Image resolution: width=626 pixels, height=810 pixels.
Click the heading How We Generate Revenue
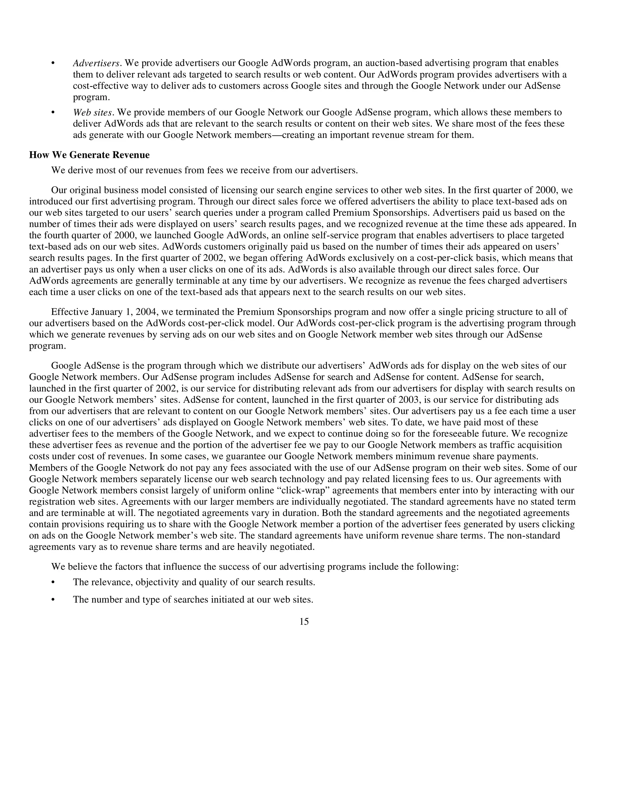click(x=89, y=155)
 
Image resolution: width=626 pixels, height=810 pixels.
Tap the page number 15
click(x=304, y=622)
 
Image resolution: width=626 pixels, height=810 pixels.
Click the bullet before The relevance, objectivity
click(x=53, y=582)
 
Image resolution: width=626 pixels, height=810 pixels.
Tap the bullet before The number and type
click(x=53, y=600)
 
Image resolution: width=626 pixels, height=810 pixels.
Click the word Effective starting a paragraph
click(x=69, y=312)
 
